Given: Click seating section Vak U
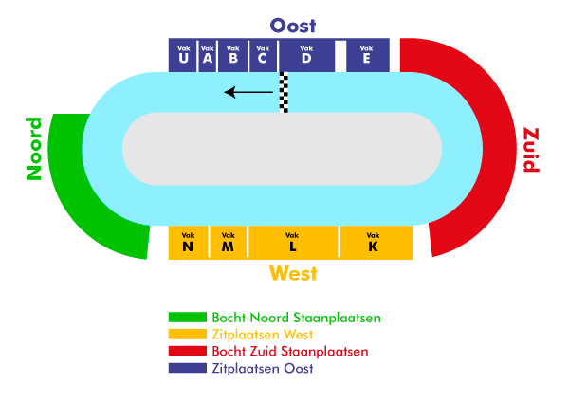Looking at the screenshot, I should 182,55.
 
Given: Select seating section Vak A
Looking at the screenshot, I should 208,55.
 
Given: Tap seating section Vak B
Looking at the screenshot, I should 233,55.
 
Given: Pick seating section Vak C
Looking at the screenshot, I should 262,55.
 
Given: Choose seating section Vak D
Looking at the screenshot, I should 306,55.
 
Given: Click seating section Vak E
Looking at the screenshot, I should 366,55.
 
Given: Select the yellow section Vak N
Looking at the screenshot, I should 188,242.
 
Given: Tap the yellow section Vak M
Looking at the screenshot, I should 228,242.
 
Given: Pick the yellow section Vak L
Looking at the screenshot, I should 293,242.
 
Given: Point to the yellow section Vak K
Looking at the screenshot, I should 374,242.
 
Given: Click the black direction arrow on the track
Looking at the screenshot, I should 248,92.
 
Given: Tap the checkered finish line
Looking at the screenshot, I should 284,92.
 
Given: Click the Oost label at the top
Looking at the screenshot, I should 293,26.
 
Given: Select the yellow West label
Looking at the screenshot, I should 293,274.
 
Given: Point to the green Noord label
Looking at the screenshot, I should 34,149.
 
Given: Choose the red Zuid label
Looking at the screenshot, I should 530,150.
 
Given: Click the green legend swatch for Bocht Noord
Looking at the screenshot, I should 187,318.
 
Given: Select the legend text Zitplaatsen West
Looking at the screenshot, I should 262,335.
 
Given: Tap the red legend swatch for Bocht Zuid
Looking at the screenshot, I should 187,352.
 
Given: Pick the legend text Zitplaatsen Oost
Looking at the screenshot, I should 262,369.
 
